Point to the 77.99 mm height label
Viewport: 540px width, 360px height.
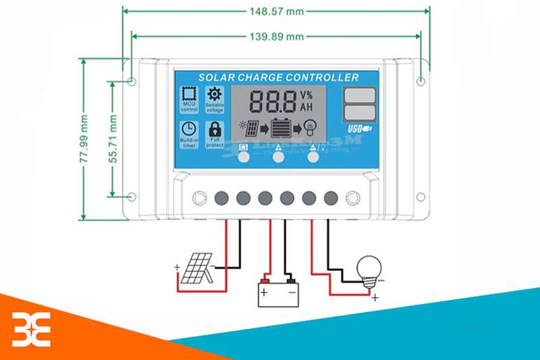(84, 139)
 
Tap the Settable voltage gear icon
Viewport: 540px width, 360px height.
(214, 95)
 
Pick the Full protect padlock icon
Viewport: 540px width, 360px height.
(214, 129)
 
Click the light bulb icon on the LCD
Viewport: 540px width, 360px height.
(310, 128)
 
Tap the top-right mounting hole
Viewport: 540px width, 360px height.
(421, 82)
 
